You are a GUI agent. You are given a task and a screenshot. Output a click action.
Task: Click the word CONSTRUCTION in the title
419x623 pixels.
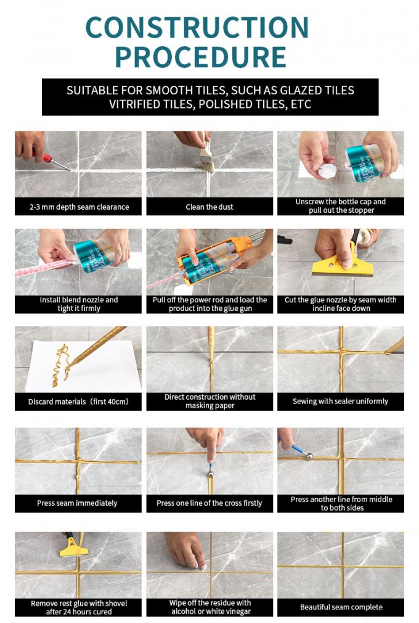coord(197,28)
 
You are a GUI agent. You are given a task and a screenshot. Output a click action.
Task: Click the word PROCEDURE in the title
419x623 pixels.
coord(201,57)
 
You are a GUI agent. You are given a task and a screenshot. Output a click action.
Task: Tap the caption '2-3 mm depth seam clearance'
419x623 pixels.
coord(78,207)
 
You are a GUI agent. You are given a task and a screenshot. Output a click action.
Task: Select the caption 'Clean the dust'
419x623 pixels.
coord(209,207)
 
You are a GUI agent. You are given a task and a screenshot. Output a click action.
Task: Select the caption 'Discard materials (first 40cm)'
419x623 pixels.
coord(78,402)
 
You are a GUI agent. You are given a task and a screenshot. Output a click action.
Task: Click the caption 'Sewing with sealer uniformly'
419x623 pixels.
coord(341,402)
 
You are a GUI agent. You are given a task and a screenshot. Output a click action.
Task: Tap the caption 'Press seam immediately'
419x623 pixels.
coord(78,503)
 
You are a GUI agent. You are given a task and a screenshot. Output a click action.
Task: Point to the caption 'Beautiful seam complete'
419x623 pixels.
coord(341,608)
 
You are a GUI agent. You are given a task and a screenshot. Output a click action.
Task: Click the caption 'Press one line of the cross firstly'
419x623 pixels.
coord(209,503)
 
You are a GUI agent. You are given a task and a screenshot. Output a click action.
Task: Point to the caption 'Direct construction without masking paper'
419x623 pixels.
coord(209,402)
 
